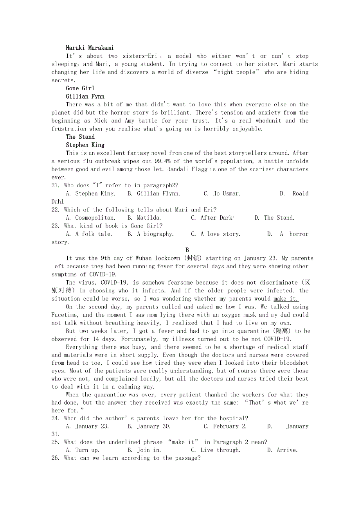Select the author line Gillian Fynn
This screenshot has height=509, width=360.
(x=85, y=97)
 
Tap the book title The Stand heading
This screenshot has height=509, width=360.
(x=80, y=137)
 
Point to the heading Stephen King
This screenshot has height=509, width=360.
(x=85, y=145)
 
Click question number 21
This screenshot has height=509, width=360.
(x=56, y=185)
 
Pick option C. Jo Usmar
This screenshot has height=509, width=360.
(x=222, y=194)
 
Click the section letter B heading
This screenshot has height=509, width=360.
(x=187, y=250)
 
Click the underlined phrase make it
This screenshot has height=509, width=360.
(x=286, y=299)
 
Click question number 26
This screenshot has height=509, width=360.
(x=56, y=458)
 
